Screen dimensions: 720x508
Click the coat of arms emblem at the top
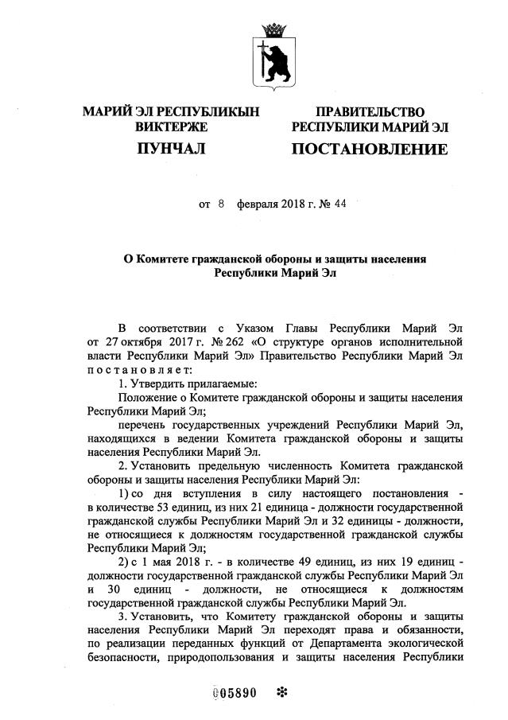click(273, 59)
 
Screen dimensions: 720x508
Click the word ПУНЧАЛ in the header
click(171, 149)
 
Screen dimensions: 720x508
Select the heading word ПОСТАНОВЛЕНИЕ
click(370, 149)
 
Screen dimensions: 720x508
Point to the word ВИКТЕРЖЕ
click(171, 126)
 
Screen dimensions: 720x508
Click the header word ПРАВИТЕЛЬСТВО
click(370, 112)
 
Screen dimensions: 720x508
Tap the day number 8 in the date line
click(222, 204)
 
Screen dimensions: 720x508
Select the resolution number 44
click(341, 204)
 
